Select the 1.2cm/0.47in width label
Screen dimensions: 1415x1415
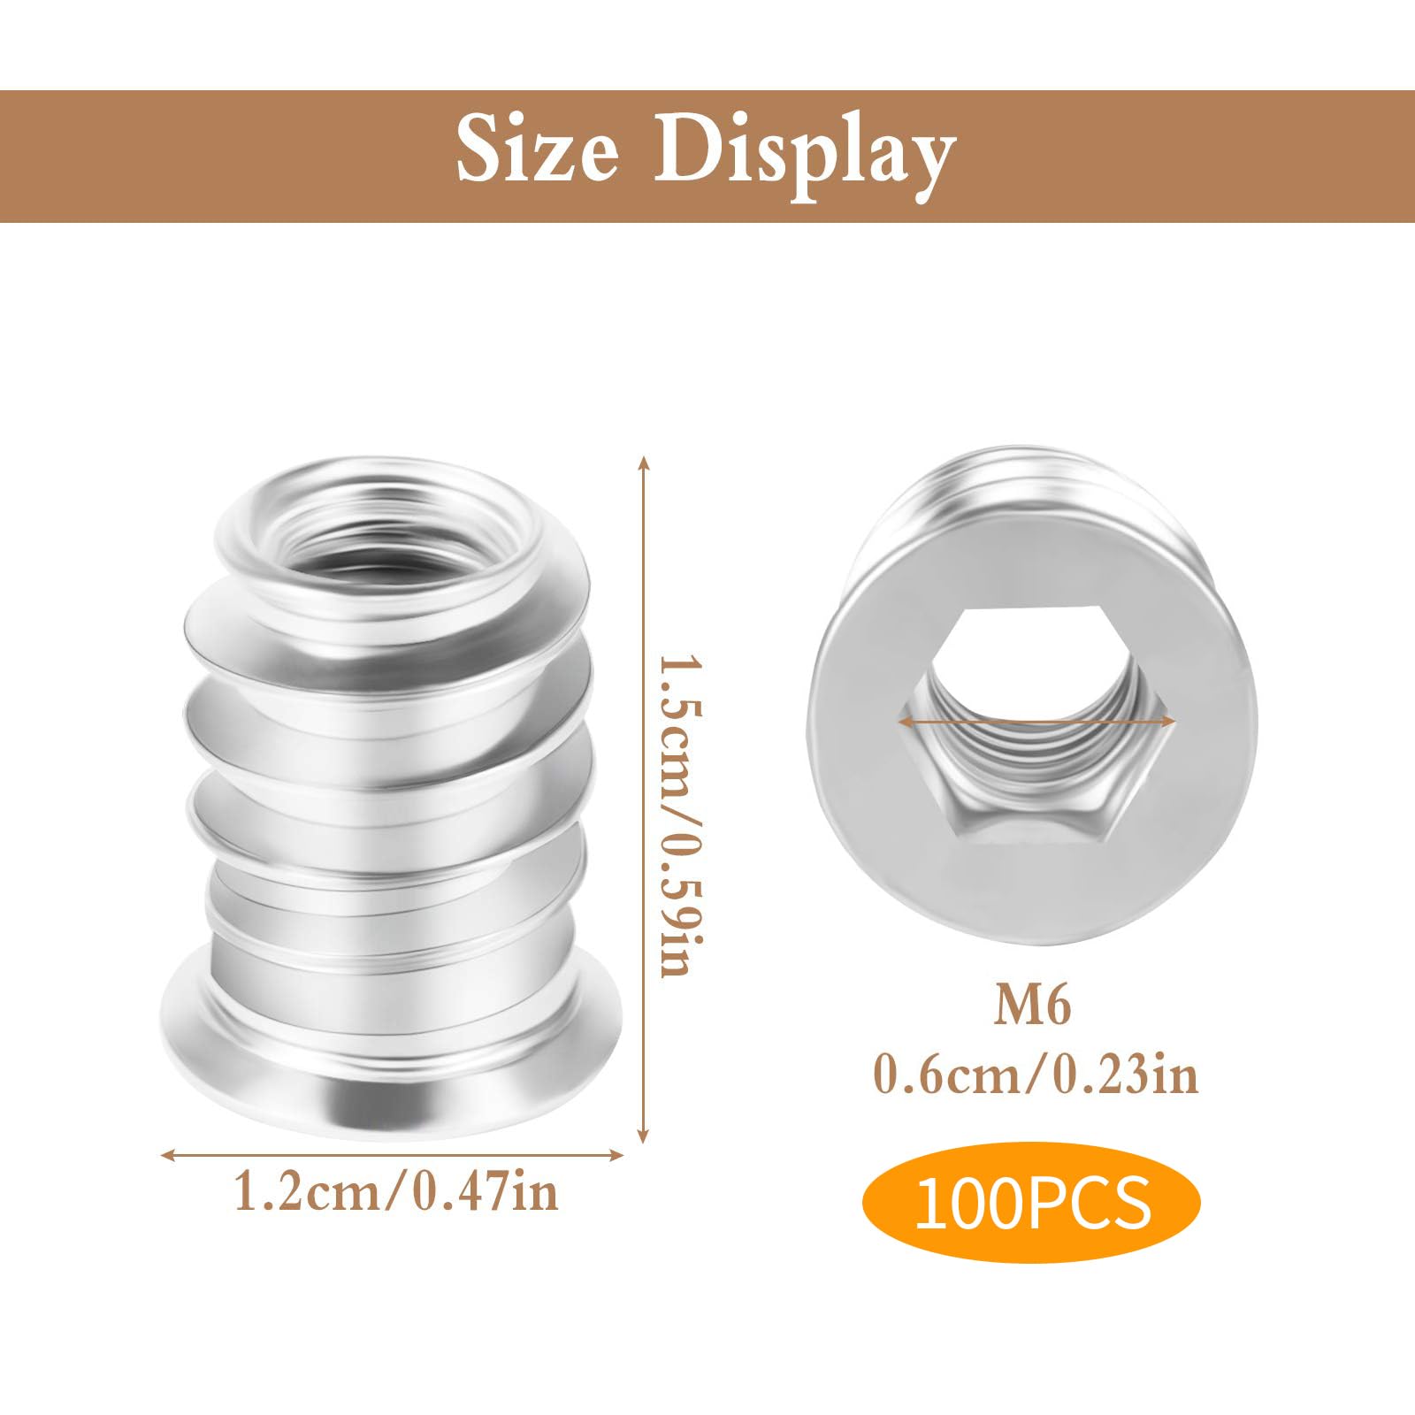point(395,1190)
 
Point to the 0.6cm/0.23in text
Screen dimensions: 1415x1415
point(1036,1076)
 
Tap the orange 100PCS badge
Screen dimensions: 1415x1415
point(1032,1202)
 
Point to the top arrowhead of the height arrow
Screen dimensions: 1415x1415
point(644,462)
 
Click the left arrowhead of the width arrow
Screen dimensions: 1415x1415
point(165,1153)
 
